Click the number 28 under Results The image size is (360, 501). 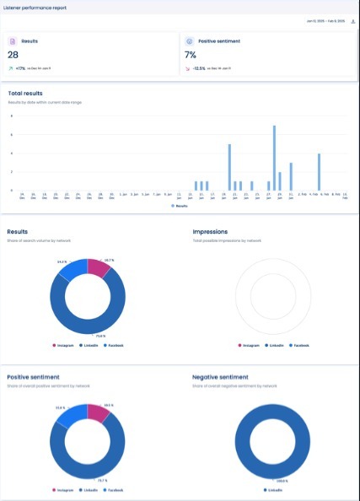pyautogui.click(x=14, y=54)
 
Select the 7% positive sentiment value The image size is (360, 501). pyautogui.click(x=191, y=54)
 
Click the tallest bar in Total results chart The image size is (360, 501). pyautogui.click(x=274, y=158)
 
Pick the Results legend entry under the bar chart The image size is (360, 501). pyautogui.click(x=179, y=205)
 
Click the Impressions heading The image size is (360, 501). pyautogui.click(x=210, y=230)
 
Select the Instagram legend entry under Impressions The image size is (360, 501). pyautogui.click(x=250, y=345)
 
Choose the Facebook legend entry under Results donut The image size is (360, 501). pyautogui.click(x=112, y=345)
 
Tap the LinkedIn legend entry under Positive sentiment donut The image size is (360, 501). pyautogui.click(x=88, y=489)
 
